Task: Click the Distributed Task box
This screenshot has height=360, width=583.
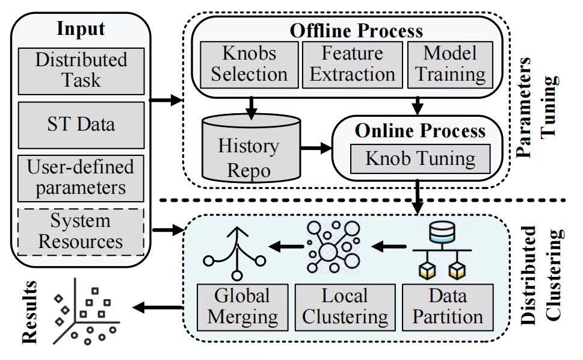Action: [x=81, y=70]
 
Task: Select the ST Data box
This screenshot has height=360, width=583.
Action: [x=81, y=125]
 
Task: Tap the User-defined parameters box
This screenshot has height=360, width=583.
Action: [x=81, y=178]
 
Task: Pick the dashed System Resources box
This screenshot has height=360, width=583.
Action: [x=81, y=231]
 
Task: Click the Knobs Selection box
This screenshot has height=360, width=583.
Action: [x=248, y=64]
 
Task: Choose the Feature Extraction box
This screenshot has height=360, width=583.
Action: [x=352, y=64]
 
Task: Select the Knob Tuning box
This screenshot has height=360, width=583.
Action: [x=421, y=159]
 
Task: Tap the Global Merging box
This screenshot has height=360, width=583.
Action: [x=242, y=306]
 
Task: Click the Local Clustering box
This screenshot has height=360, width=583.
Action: [x=345, y=306]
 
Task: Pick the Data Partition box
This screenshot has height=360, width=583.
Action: [x=447, y=306]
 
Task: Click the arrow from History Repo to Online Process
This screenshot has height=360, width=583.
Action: [x=316, y=147]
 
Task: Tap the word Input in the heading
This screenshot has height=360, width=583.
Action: [x=81, y=28]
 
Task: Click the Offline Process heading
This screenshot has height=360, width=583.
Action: [x=356, y=30]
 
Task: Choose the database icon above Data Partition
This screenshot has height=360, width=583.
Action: [x=442, y=232]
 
